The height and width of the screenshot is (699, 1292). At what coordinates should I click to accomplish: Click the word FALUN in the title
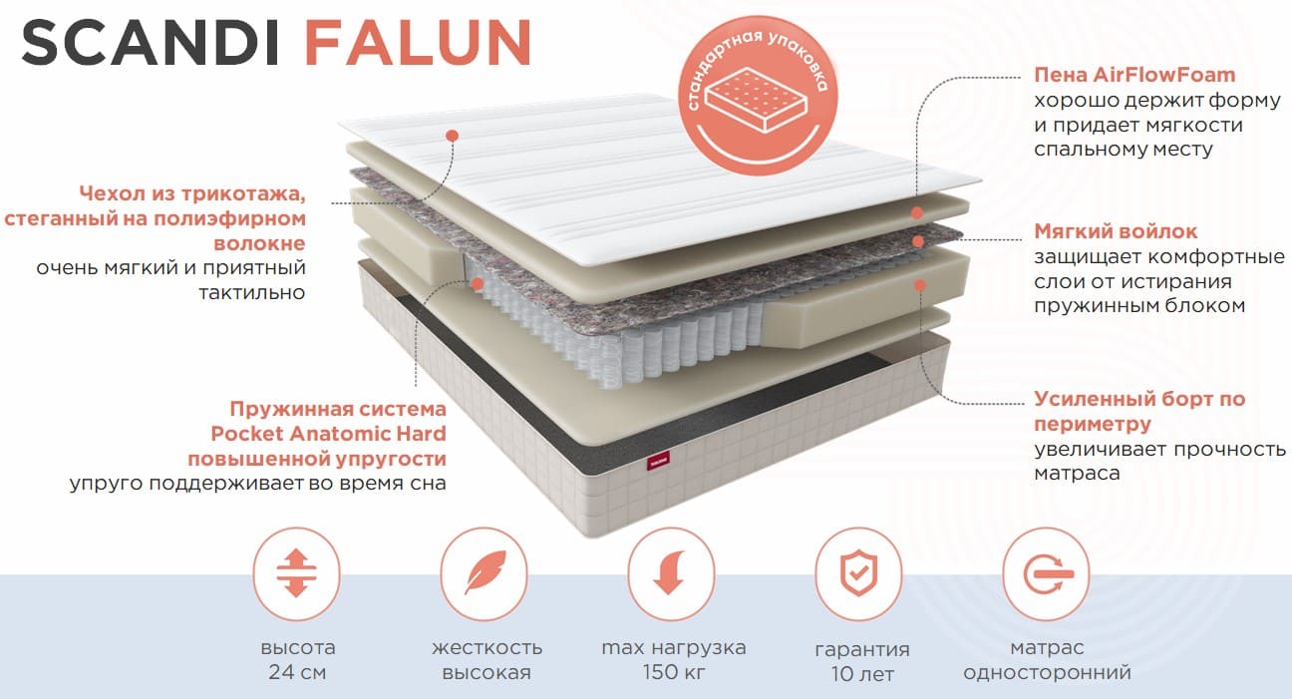[418, 42]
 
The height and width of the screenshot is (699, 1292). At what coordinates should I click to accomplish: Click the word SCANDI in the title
[151, 42]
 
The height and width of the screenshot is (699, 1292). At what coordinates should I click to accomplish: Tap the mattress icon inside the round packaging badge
[757, 101]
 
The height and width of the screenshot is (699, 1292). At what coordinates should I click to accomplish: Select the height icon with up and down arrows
[296, 573]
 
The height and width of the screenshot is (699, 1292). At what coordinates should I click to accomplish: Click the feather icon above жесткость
[484, 572]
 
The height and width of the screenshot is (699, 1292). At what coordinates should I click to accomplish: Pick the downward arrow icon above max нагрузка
[670, 572]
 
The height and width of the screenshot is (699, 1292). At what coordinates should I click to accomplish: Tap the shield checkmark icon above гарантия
[858, 572]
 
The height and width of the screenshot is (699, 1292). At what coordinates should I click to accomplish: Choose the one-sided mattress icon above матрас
[1047, 573]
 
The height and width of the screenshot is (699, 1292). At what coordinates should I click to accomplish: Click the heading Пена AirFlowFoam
[1134, 75]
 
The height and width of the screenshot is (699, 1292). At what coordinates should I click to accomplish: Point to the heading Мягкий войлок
[1116, 231]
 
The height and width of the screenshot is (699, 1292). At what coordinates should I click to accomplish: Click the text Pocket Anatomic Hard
[328, 433]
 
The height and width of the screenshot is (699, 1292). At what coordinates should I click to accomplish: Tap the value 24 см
[297, 672]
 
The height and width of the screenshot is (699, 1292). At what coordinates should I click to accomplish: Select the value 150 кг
[674, 672]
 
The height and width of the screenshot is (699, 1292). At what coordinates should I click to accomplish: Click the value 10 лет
[862, 673]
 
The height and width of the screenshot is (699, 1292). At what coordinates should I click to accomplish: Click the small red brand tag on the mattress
[658, 461]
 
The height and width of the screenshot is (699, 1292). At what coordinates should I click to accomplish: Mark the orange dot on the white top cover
[453, 136]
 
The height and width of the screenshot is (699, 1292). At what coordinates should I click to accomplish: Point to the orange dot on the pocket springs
[477, 283]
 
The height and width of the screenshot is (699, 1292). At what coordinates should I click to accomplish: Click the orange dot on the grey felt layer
[918, 241]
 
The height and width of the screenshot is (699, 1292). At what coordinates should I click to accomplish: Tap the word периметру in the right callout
[1093, 425]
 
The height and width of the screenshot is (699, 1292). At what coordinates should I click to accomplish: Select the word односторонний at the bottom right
[1047, 672]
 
